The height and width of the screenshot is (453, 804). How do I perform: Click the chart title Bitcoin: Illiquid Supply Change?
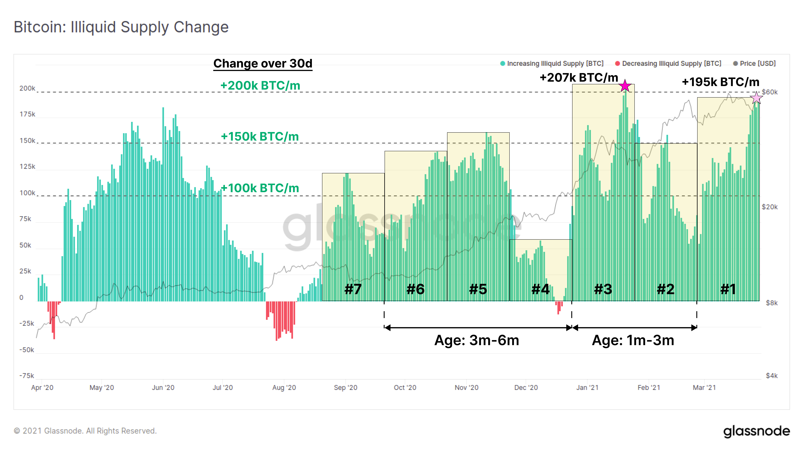(121, 27)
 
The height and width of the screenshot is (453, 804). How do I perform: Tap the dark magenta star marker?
(625, 86)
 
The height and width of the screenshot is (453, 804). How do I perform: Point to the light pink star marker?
(757, 98)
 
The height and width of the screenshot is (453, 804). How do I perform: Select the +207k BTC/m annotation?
(579, 77)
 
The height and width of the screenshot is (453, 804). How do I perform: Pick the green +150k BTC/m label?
(260, 137)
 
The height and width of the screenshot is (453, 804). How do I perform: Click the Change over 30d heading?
(263, 64)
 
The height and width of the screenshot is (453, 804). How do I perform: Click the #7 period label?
(353, 289)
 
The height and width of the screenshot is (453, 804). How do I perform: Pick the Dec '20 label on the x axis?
(526, 387)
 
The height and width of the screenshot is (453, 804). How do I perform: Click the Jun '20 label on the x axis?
(163, 387)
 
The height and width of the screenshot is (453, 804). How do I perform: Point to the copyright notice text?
(85, 431)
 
